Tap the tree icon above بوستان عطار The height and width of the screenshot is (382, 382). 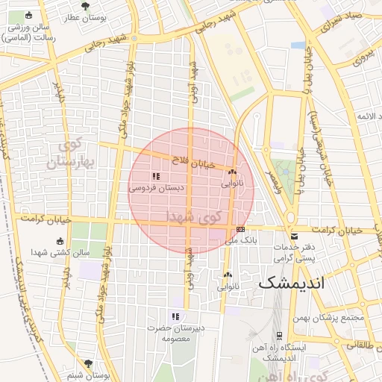[84, 5]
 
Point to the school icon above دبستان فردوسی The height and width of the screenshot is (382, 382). [155, 177]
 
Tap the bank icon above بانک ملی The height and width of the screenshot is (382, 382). [240, 230]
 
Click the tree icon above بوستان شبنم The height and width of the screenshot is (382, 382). [90, 363]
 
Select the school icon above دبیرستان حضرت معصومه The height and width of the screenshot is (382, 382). [175, 316]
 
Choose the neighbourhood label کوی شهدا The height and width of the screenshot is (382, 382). [194, 217]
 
